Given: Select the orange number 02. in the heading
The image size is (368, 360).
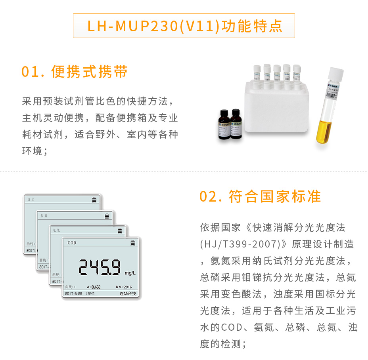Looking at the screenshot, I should coord(212,197).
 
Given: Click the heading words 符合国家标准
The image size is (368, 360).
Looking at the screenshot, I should coord(275,197).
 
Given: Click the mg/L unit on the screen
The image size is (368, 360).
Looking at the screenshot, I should coord(130,273).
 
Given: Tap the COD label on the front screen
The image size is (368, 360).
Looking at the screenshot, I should coord(72,243).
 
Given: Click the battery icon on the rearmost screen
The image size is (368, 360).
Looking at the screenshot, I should coord(94,200).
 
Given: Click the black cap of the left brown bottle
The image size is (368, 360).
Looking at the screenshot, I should coord(223,113).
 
